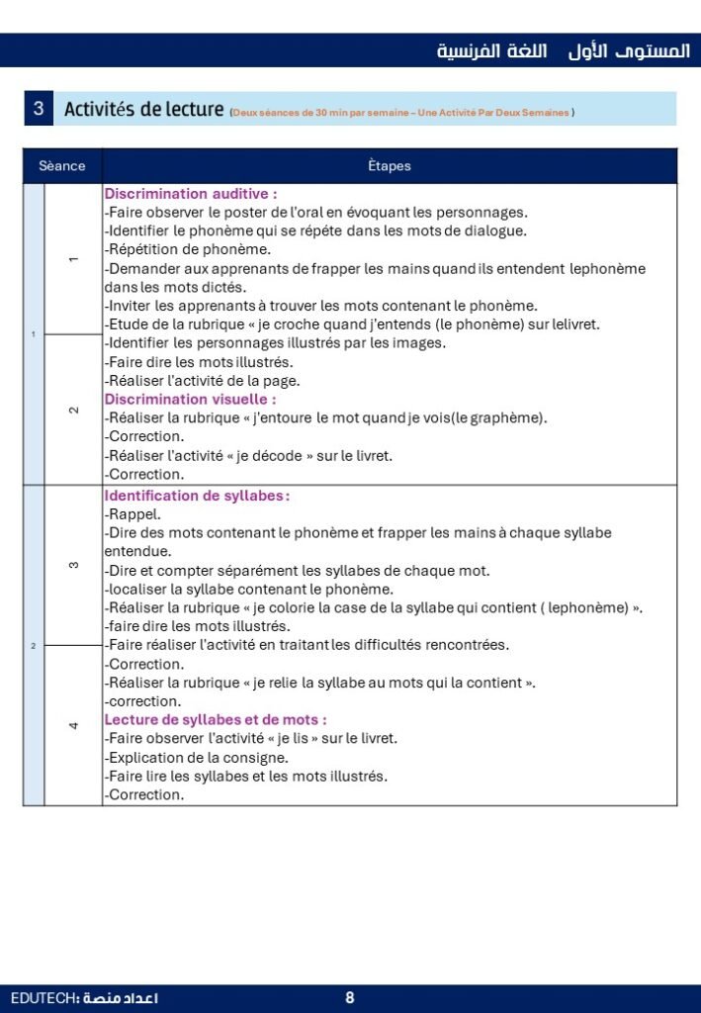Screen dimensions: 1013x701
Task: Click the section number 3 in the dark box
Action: point(38,109)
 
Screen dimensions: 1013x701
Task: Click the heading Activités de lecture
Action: point(143,109)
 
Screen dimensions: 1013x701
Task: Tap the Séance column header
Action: point(62,166)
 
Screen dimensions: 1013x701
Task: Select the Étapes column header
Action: point(389,166)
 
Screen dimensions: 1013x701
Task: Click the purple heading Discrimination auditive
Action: point(191,194)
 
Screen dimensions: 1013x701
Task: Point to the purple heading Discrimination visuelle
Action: point(190,399)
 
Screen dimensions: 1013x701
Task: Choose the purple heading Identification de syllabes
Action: point(197,495)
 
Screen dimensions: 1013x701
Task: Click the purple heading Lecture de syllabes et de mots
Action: point(216,719)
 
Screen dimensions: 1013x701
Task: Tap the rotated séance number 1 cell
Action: point(73,259)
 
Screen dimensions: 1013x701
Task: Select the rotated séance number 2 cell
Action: point(73,410)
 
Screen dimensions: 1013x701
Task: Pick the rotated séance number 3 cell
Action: point(73,565)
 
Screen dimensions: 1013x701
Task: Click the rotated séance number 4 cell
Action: point(73,725)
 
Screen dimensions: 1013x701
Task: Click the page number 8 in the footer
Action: point(350,998)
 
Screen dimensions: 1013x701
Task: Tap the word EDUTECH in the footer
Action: point(40,998)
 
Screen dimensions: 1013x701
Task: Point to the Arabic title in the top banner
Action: point(564,50)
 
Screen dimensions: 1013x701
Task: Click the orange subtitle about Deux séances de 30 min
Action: point(401,113)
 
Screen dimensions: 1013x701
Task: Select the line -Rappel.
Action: point(132,513)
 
